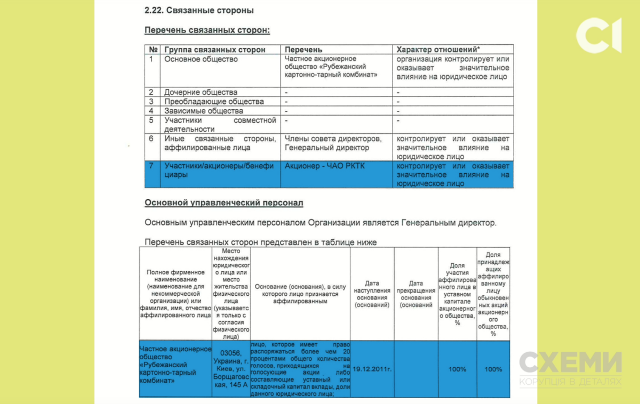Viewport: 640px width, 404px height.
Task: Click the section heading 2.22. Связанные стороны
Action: point(199,10)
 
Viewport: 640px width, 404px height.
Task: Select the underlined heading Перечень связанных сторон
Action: point(207,30)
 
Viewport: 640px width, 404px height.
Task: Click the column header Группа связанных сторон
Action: point(214,50)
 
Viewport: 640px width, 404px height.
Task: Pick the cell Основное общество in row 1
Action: point(201,59)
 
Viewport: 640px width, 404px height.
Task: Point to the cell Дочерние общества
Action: point(201,92)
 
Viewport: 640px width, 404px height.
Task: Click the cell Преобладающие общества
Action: point(213,101)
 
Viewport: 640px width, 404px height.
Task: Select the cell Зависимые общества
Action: point(203,111)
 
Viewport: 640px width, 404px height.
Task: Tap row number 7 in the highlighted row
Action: point(151,166)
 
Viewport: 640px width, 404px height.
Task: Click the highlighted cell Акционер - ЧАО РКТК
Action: point(325,166)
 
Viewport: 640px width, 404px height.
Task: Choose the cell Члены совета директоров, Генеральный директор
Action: point(333,143)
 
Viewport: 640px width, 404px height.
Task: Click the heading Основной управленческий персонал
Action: point(224,203)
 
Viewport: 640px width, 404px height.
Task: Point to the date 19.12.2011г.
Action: point(372,369)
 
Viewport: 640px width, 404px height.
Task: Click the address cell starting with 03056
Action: point(231,369)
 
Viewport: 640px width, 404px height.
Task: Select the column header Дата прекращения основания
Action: point(416,294)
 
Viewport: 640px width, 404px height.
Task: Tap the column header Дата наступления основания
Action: point(372,294)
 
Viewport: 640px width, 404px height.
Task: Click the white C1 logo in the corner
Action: point(598,35)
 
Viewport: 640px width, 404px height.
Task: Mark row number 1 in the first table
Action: point(151,59)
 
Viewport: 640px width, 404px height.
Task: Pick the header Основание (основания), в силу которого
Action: point(299,294)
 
